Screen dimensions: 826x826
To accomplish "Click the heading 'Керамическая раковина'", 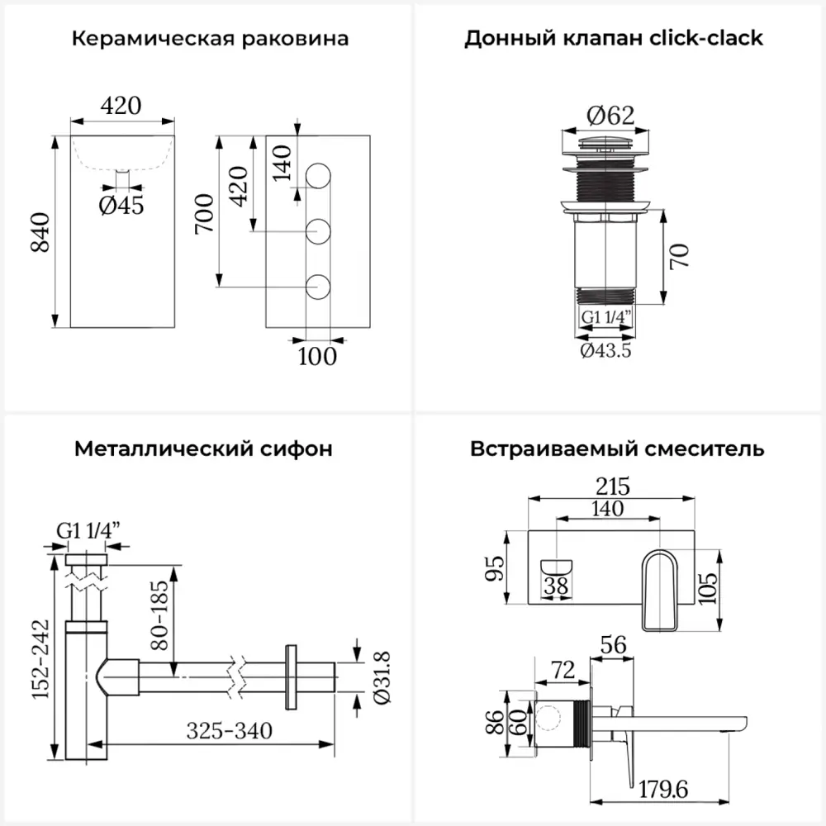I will [210, 39].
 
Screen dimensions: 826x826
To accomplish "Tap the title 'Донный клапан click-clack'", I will [614, 39].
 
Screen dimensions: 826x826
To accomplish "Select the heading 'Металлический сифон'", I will [204, 449].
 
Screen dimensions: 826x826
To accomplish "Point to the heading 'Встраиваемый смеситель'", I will [617, 449].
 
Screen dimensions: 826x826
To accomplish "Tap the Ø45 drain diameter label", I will [121, 205].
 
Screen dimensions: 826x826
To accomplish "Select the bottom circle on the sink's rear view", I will [319, 287].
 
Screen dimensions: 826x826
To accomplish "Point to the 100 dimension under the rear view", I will [317, 357].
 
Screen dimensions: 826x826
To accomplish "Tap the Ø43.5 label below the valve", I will [606, 350].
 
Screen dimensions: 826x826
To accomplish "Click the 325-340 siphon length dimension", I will [229, 730].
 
